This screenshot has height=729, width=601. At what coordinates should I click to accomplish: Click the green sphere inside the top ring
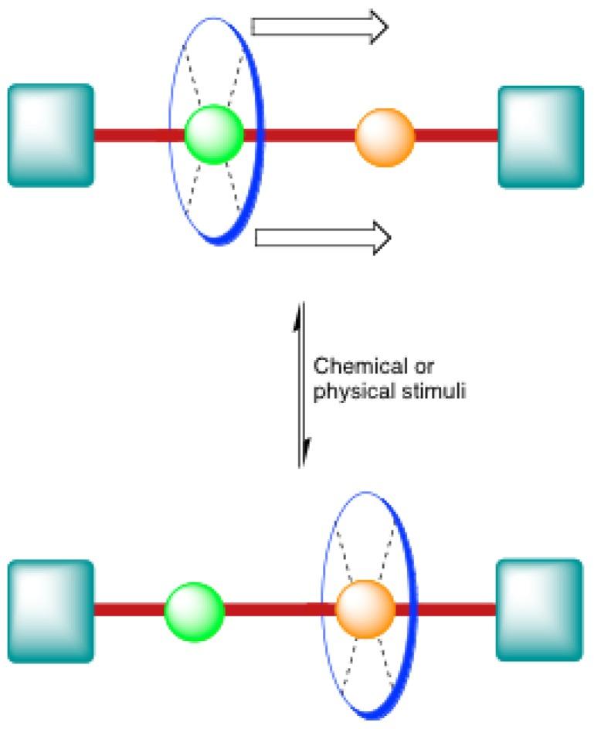pos(214,134)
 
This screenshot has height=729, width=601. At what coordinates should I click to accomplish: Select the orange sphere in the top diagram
pos(384,137)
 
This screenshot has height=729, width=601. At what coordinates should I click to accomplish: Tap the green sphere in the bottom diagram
pos(194,610)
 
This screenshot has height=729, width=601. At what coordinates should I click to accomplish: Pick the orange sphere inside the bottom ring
pos(365,609)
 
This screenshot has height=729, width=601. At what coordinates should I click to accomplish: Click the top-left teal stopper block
pos(51,136)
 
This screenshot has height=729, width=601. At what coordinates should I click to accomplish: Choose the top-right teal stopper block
pos(540,137)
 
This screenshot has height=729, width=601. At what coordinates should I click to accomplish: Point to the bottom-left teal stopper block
pos(51,610)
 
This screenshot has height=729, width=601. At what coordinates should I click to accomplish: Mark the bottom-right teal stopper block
pos(538,610)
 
